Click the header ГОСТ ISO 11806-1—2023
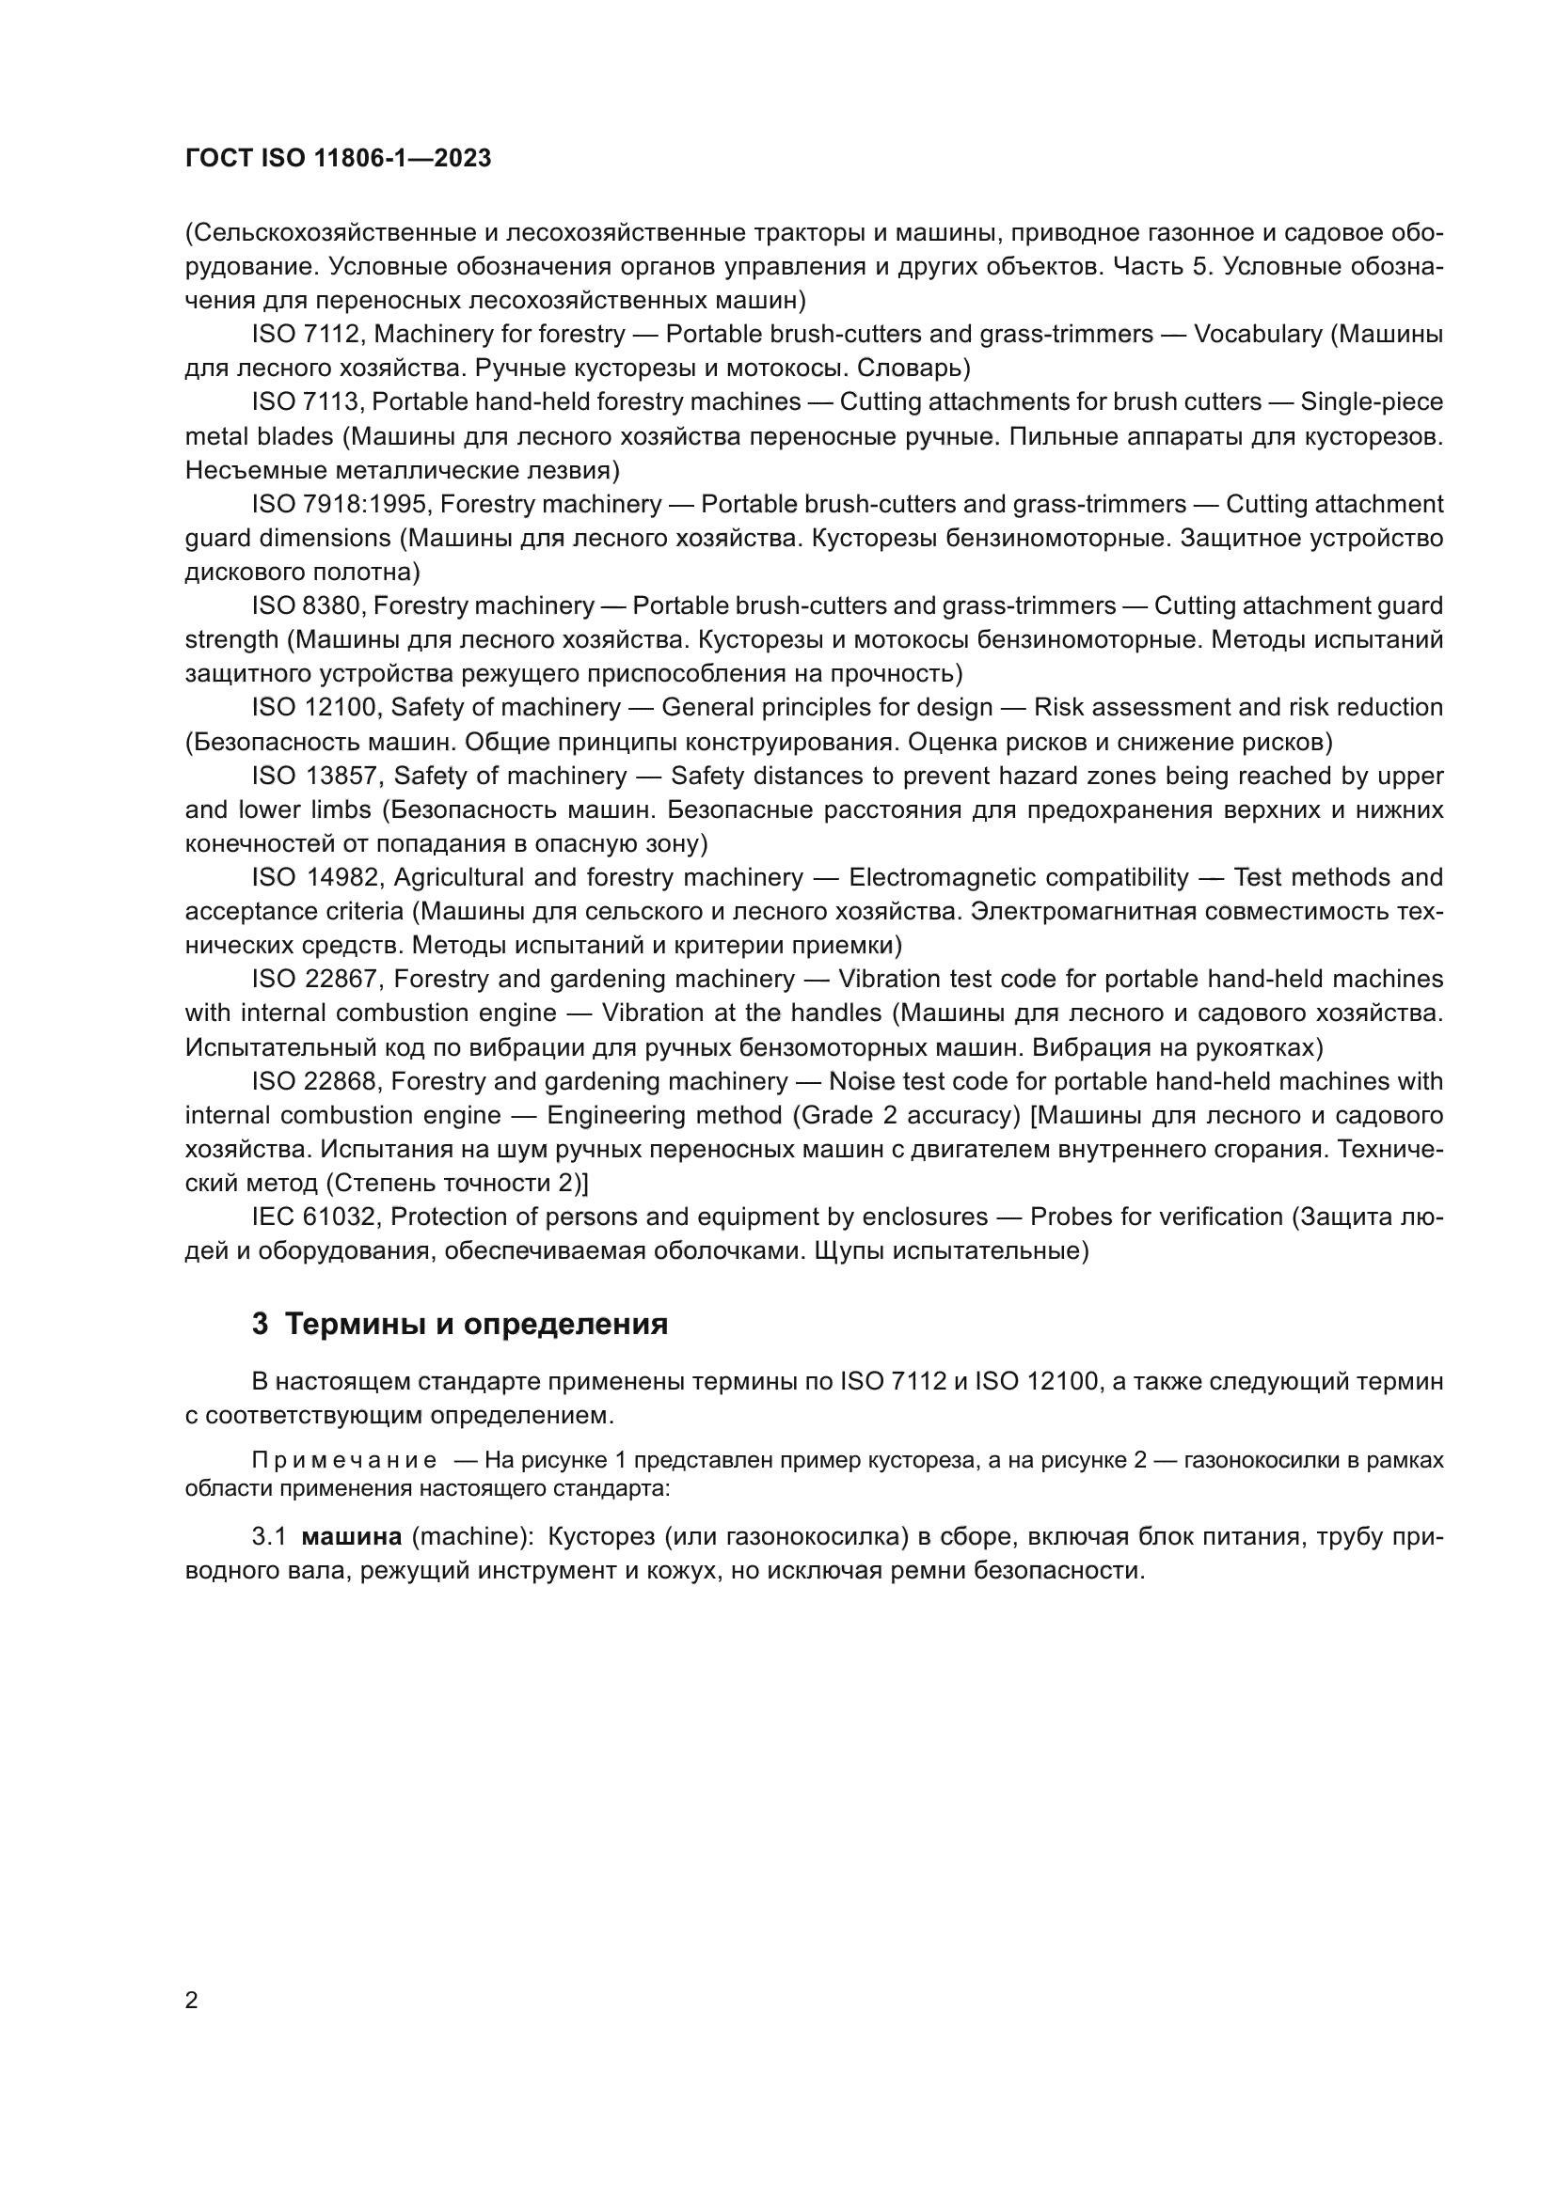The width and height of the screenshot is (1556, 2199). click(x=338, y=158)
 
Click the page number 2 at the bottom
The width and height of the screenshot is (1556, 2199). click(x=192, y=2001)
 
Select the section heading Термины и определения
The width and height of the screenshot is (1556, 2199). click(x=476, y=1325)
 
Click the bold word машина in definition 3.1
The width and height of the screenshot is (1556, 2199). click(x=352, y=1537)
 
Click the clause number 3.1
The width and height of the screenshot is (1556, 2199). click(x=269, y=1537)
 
